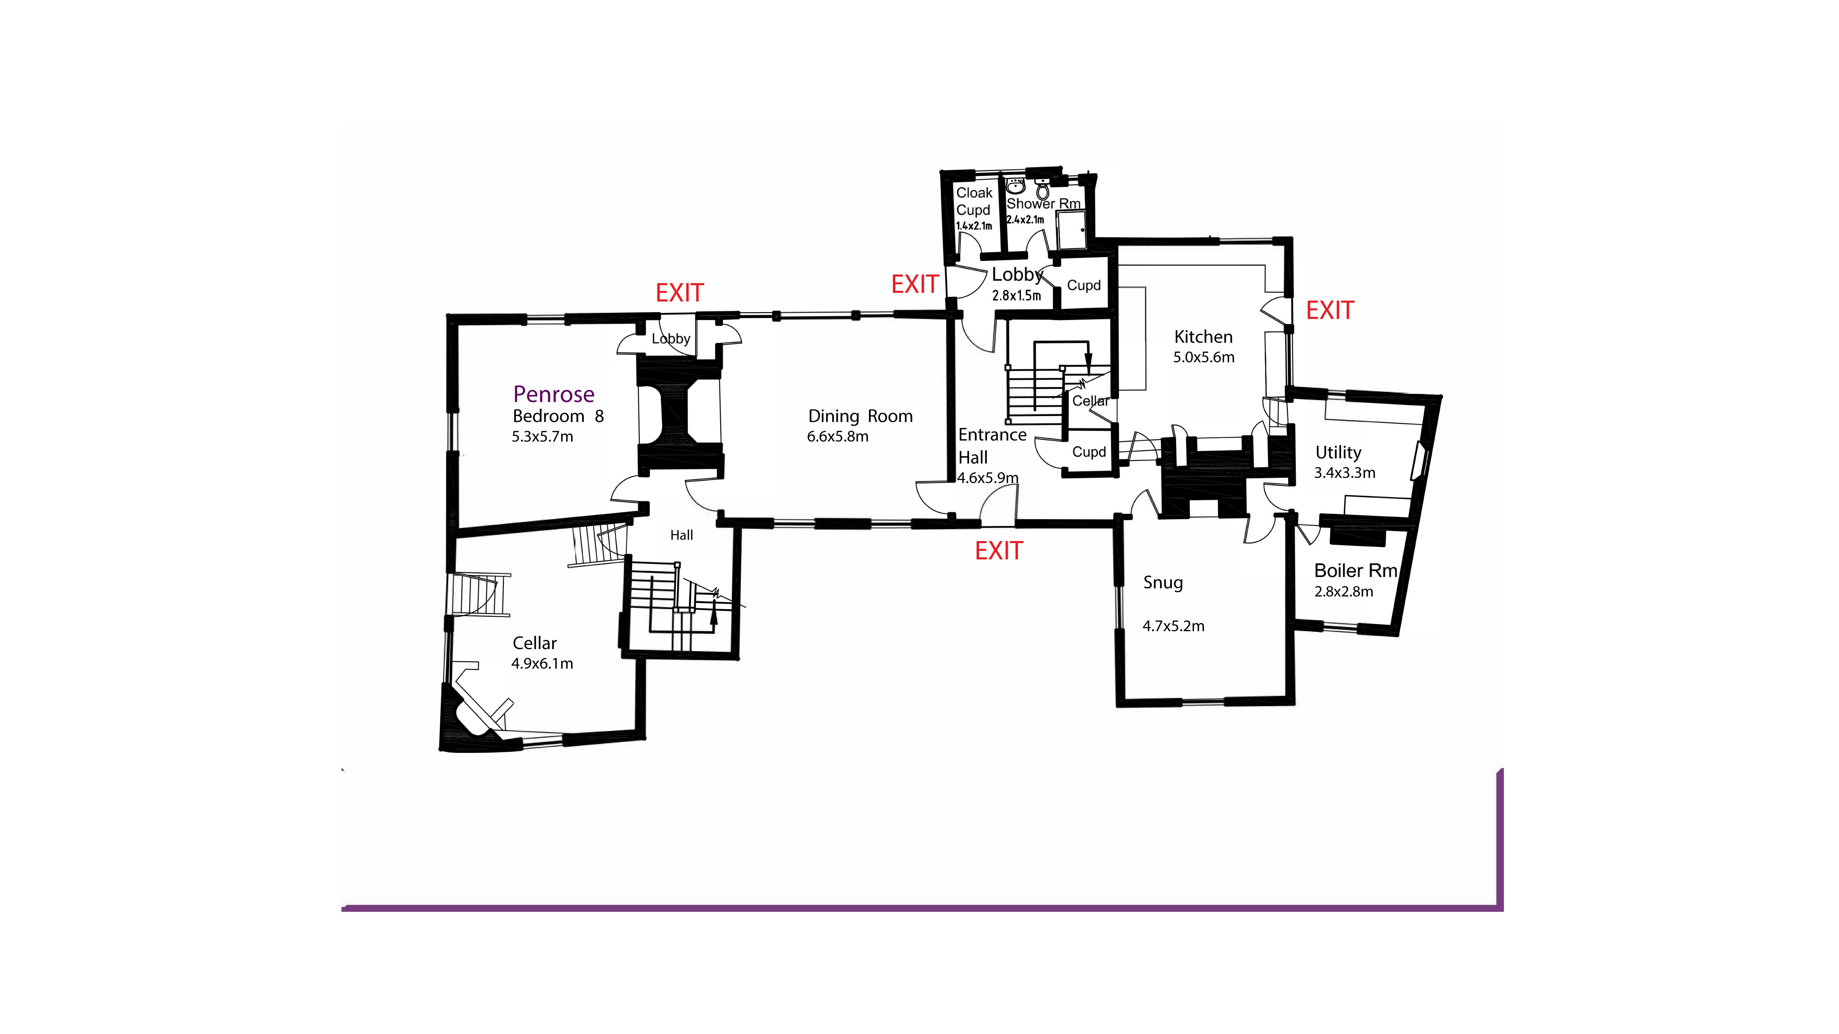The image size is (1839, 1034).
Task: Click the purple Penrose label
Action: (x=553, y=394)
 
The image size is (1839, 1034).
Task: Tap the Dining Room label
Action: (x=860, y=416)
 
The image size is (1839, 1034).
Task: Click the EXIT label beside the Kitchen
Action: (x=1329, y=310)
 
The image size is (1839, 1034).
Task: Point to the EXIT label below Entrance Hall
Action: (x=999, y=551)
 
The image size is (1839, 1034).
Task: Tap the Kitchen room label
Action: (x=1203, y=337)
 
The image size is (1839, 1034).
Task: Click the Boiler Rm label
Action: (x=1355, y=571)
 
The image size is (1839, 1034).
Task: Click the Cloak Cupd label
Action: (x=974, y=201)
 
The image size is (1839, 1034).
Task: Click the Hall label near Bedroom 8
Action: (x=681, y=535)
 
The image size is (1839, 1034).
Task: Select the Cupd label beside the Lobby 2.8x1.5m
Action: (x=1083, y=286)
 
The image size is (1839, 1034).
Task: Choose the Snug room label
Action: (x=1162, y=582)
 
